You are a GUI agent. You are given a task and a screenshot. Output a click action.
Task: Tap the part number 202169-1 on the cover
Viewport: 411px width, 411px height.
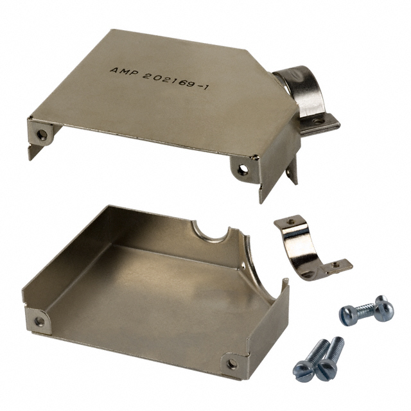[175, 81]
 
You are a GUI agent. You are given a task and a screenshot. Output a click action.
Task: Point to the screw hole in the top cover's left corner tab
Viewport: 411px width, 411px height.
[41, 135]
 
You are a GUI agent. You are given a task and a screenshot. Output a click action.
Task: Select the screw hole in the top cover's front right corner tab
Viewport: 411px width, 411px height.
[243, 170]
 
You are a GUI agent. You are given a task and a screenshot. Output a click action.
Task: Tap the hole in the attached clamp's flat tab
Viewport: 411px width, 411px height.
[318, 121]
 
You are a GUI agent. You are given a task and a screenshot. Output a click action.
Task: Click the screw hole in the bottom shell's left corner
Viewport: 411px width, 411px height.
[40, 320]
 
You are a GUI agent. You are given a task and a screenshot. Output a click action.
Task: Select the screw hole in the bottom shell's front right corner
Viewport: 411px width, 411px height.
[232, 364]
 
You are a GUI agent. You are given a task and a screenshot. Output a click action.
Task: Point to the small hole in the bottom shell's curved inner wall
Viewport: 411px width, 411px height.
[244, 265]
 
